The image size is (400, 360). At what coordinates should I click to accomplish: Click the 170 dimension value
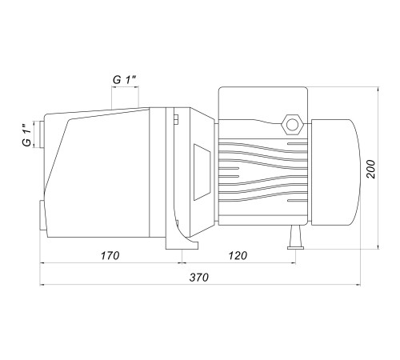110,256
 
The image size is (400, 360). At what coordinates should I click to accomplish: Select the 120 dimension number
238,256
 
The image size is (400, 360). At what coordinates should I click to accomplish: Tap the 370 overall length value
199,278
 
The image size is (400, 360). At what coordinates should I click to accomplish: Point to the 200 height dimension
370,169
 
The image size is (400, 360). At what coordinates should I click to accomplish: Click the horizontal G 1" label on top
125,80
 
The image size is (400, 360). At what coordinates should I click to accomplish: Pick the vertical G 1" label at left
26,134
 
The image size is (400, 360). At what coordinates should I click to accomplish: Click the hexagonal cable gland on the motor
293,125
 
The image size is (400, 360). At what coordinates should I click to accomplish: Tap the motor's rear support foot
295,238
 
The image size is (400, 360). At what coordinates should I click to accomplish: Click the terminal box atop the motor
263,104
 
